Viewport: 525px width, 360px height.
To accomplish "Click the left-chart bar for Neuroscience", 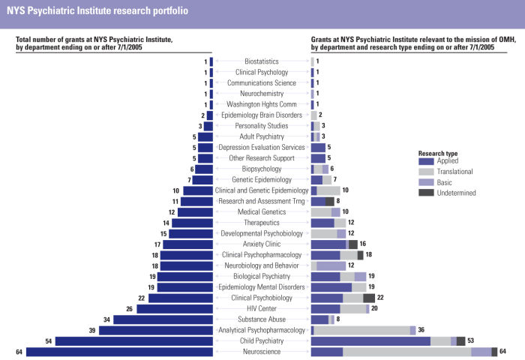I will tap(120, 352).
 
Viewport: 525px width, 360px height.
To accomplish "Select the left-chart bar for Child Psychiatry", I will tap(134, 341).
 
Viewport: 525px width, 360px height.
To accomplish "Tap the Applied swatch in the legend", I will tap(426, 160).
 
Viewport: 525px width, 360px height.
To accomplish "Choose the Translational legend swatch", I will tap(426, 171).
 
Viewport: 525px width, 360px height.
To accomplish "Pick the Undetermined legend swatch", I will tap(426, 193).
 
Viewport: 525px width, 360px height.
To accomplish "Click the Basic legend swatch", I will tap(426, 182).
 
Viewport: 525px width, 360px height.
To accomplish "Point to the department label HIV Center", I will tap(262, 308).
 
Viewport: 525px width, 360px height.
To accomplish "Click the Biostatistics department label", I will tap(262, 61).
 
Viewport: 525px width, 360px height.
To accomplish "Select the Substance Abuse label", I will tap(262, 319).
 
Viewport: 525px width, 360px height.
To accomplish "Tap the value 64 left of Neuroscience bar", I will tap(19, 352).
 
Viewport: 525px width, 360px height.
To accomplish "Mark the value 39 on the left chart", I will tap(92, 330).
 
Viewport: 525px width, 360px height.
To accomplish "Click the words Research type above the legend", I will tap(438, 153).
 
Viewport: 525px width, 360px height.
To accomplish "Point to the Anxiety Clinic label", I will tap(262, 244).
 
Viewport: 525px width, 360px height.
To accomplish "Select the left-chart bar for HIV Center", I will tap(175, 308).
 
